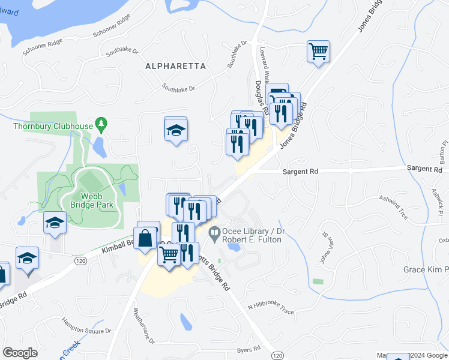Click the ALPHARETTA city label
[175, 66]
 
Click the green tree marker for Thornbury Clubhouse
[101, 125]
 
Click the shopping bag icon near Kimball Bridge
[147, 237]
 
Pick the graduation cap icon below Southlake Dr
[176, 130]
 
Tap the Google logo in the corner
[20, 352]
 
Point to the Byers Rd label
[248, 349]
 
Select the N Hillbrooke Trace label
[271, 308]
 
